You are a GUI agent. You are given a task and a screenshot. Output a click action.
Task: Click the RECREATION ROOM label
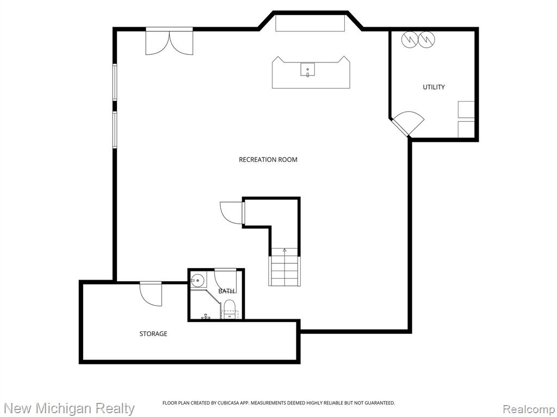coord(268,160)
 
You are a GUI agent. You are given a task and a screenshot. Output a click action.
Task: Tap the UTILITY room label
coord(434,87)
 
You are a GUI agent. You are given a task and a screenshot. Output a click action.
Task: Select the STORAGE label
coord(153,334)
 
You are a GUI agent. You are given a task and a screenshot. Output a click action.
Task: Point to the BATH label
coord(226,291)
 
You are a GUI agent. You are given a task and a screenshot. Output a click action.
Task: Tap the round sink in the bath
coord(198,281)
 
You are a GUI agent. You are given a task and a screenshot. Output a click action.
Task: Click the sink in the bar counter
coord(307,69)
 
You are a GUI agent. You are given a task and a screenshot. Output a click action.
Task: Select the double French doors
coord(170,42)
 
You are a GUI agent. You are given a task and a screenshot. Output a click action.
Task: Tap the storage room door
coord(151,294)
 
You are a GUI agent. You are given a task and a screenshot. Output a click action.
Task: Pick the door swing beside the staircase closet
coord(232,213)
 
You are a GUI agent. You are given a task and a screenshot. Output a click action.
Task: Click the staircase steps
coord(284,270)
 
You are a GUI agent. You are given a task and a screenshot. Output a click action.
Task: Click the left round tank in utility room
coord(409,40)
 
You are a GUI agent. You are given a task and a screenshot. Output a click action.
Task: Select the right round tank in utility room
coord(426,40)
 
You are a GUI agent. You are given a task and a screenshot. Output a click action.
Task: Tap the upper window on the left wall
coord(115,81)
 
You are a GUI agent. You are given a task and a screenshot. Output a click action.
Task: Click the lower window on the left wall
coord(115,129)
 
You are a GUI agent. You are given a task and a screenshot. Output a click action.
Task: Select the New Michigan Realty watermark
coord(69,408)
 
